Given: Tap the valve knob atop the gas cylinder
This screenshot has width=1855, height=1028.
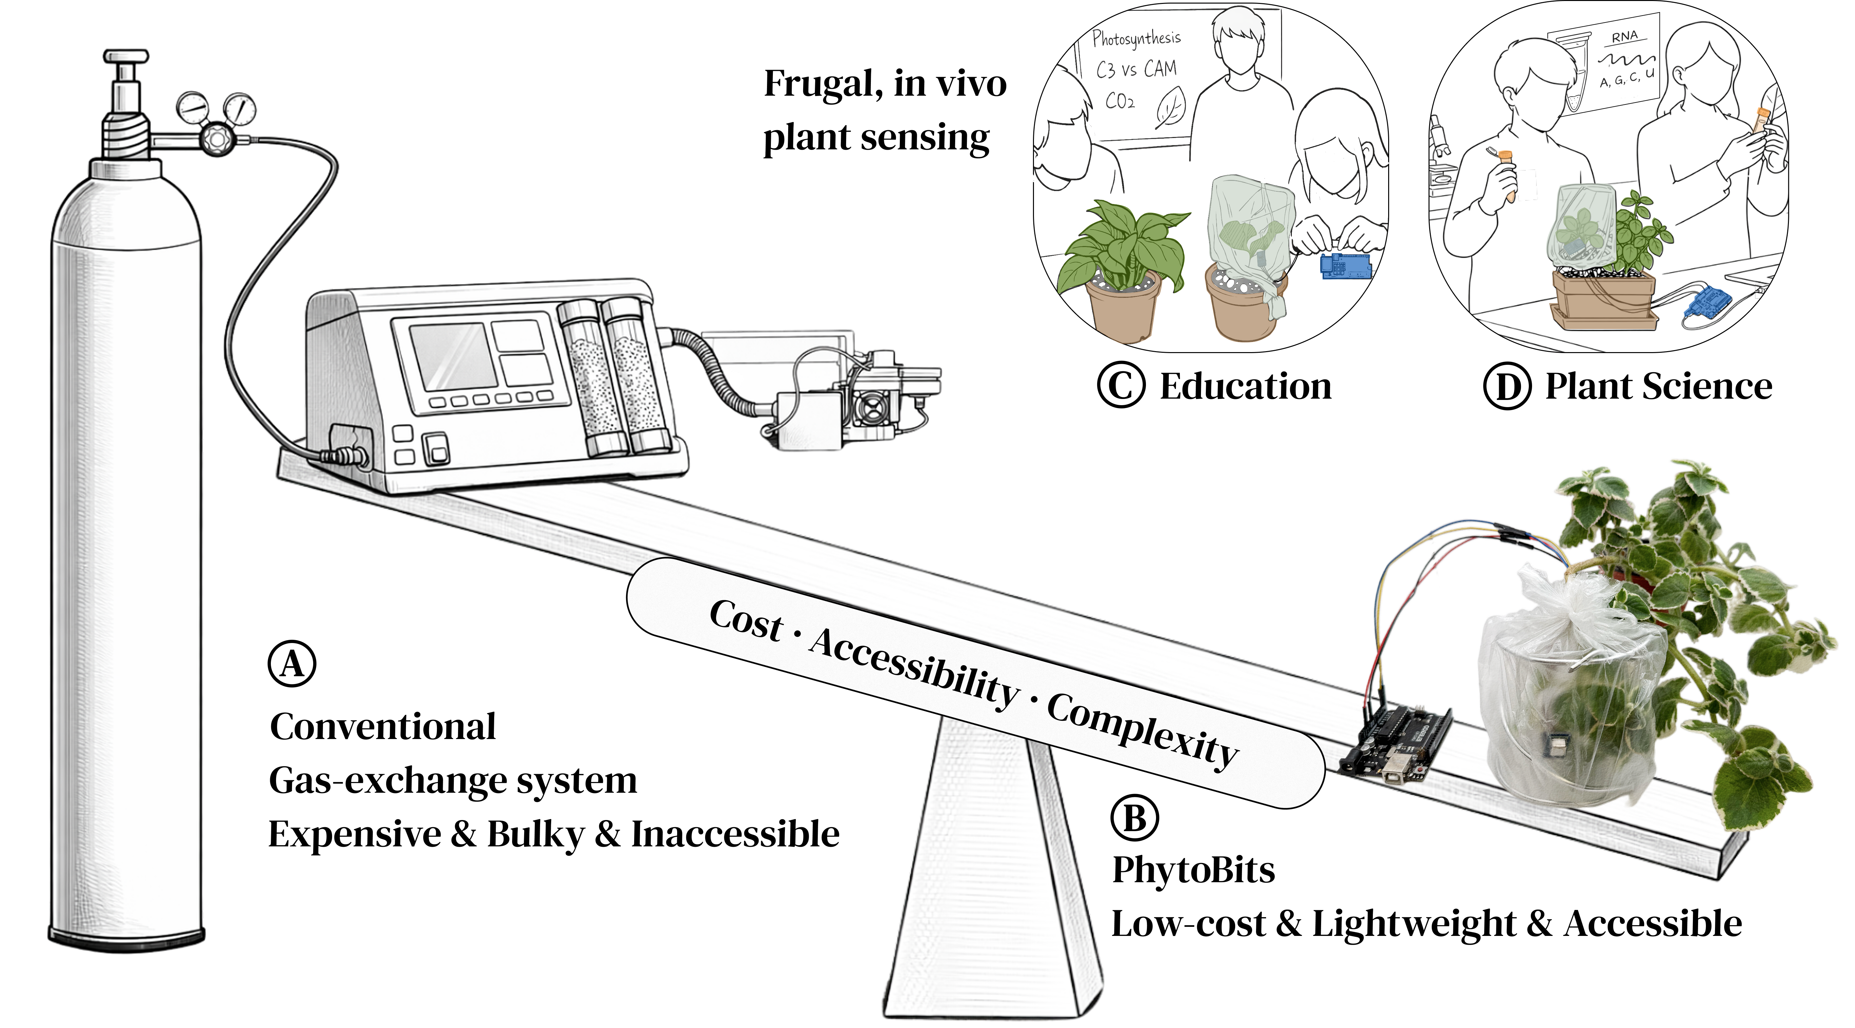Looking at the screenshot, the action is tap(126, 58).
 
